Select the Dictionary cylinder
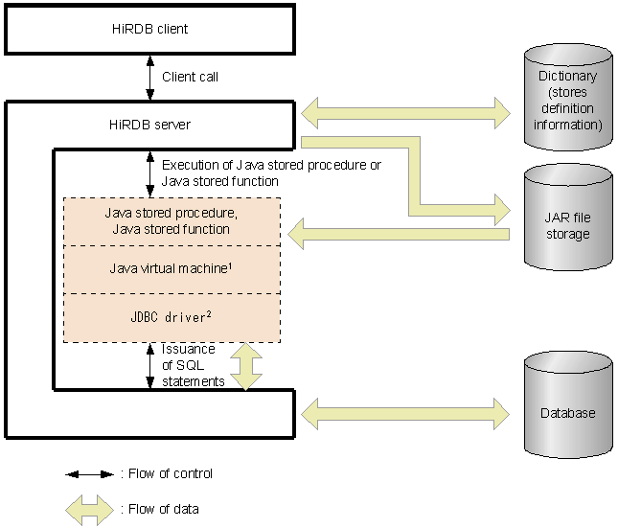[x=567, y=100]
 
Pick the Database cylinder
[x=567, y=413]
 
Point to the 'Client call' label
[x=191, y=77]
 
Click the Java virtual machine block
[x=172, y=269]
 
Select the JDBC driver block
[x=172, y=317]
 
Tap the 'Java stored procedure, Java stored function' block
[x=172, y=221]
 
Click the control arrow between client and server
[x=149, y=77]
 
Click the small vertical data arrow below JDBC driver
[x=247, y=366]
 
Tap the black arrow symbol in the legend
[x=90, y=474]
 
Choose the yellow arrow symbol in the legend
[x=90, y=509]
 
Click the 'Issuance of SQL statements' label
[x=193, y=366]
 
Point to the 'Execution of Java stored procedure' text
[x=271, y=172]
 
